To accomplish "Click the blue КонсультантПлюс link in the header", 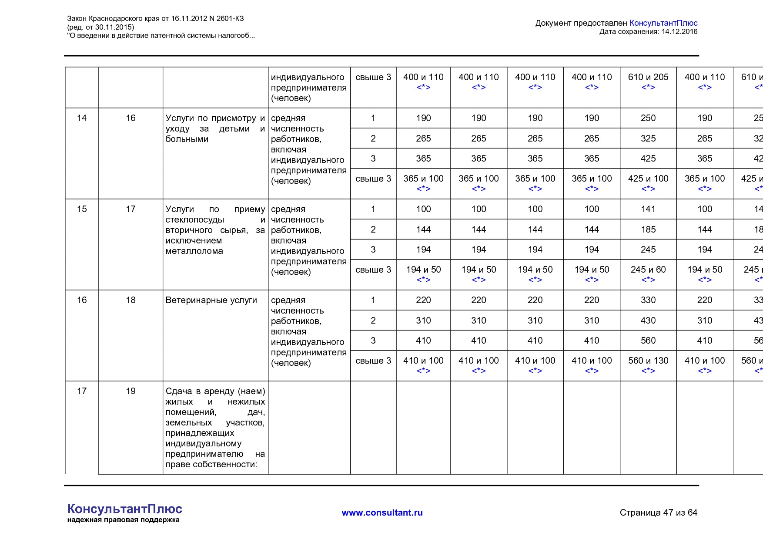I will tap(663, 23).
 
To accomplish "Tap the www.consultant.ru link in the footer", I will tap(382, 513).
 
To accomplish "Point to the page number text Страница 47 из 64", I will tap(658, 513).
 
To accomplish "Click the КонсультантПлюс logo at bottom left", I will tap(125, 509).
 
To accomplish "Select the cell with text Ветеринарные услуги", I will tap(211, 300).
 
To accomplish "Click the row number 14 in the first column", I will tap(82, 118).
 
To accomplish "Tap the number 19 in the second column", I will tap(131, 391).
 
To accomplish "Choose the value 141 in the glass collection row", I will tap(648, 209).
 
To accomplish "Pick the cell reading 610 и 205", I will tap(648, 77).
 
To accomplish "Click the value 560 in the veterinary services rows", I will tap(648, 341).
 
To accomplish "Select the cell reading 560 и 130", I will tap(648, 361).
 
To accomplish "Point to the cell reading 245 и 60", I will tap(648, 270).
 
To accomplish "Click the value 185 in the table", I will tap(648, 229).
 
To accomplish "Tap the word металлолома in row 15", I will tap(194, 251).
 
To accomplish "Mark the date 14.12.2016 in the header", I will tap(679, 31).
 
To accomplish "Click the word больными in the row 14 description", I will tap(187, 139).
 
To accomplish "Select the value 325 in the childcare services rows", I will tap(648, 138).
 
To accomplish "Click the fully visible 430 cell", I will tap(648, 321).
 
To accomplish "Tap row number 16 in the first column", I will tap(82, 300).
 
